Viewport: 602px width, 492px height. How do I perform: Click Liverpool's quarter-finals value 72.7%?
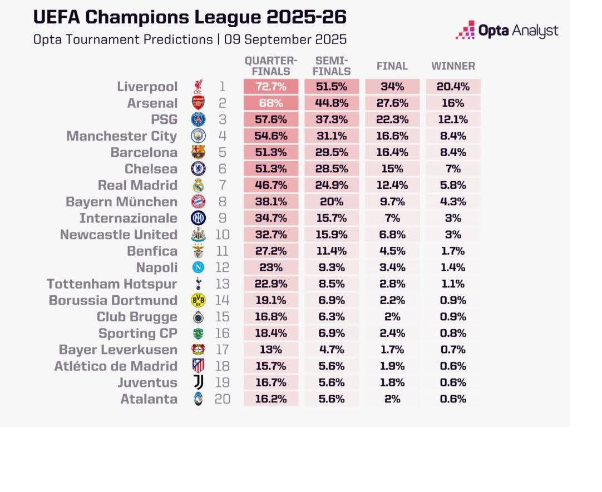coord(271,87)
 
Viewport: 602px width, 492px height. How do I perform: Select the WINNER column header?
coord(453,66)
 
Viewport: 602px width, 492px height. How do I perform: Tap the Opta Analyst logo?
coord(507,31)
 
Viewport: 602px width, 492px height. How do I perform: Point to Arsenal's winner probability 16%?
coord(453,103)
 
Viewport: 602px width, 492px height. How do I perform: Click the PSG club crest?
coord(198,120)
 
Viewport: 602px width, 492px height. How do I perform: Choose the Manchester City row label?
coord(121,136)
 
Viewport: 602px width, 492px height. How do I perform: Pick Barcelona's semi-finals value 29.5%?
coord(332,152)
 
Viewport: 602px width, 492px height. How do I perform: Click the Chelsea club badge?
coord(198,169)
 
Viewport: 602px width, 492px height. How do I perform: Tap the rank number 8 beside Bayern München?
coord(222,202)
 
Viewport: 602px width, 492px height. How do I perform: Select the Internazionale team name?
coord(128,218)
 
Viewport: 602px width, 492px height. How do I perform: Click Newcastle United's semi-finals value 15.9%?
coord(332,235)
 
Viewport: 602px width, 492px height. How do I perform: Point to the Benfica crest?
coord(198,251)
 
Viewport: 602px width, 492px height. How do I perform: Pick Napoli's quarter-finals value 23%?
coord(271,267)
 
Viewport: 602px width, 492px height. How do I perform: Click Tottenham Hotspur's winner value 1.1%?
coord(453,284)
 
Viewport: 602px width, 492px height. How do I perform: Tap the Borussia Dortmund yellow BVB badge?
coord(198,300)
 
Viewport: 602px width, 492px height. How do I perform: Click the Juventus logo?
coord(198,382)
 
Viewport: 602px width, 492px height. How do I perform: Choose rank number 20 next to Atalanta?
coord(222,399)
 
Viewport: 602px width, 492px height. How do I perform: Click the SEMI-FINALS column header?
coord(332,66)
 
